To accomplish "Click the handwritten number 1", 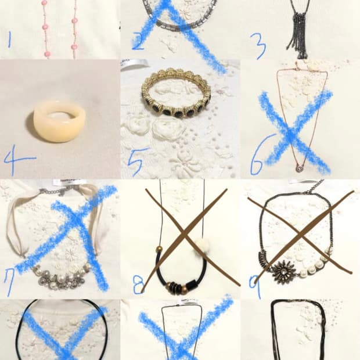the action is click(x=9, y=39).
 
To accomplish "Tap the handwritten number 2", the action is click(x=138, y=41).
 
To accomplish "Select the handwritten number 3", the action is click(x=258, y=46).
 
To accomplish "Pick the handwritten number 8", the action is click(x=138, y=285).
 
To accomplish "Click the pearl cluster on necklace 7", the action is click(x=62, y=277).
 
